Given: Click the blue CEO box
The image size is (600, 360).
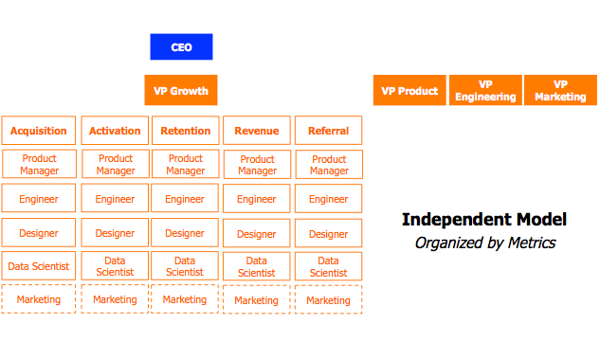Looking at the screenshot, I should (x=181, y=46).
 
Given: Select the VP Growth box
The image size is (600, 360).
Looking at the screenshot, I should (x=181, y=91).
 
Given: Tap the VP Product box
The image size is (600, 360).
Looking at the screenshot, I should (x=409, y=91).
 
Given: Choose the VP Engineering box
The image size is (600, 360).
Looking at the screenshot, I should (x=485, y=91).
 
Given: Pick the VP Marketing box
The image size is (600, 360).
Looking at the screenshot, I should (x=560, y=91).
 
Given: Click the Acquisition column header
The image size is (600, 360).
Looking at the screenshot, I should (x=40, y=131).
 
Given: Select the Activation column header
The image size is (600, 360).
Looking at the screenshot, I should (x=115, y=131).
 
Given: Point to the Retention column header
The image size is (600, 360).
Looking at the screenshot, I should (x=186, y=131).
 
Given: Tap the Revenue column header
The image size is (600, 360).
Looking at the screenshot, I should (x=257, y=131).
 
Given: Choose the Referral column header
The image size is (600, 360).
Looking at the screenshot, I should (x=329, y=131).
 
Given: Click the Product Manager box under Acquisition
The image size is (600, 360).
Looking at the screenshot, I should (x=40, y=165).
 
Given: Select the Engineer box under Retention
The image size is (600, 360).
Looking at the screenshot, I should (x=185, y=199).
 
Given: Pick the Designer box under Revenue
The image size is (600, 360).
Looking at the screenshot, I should (x=257, y=234).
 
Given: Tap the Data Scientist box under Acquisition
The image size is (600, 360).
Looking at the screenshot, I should (x=40, y=266).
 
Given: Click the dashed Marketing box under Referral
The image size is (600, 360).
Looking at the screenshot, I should (x=328, y=300).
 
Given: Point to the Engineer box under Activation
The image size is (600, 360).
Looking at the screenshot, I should (x=115, y=199).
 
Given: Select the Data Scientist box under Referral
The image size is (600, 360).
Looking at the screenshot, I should (x=328, y=266).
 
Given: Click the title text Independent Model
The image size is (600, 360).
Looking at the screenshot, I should (x=484, y=220).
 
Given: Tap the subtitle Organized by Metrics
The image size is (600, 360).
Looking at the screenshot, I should (x=484, y=243).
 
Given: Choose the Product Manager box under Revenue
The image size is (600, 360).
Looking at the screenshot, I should (x=257, y=165).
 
